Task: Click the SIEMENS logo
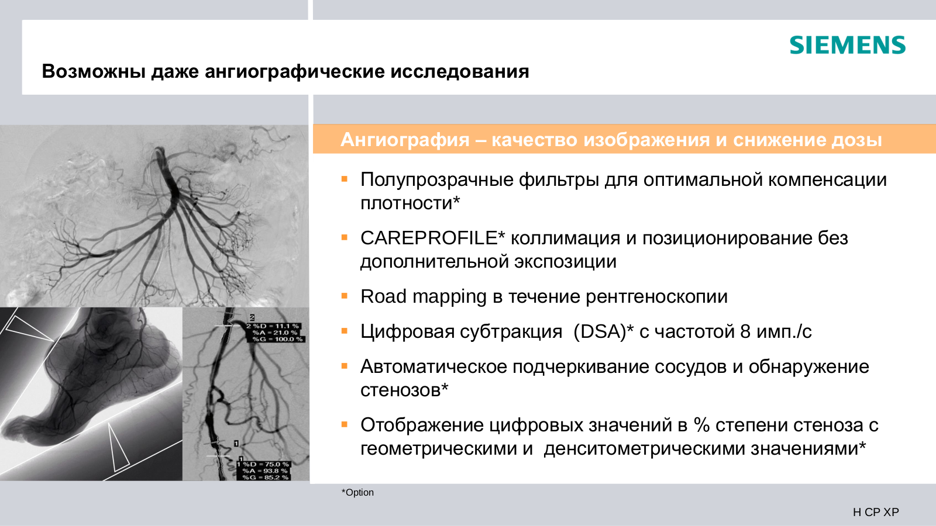[848, 45]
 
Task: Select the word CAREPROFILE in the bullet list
[429, 238]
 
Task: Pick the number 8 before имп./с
[745, 332]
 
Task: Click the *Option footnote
[357, 493]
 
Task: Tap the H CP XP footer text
[876, 512]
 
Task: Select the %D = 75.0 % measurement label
[266, 464]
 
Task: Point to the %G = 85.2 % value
[266, 477]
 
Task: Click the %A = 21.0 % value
[275, 333]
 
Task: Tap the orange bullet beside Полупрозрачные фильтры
[345, 179]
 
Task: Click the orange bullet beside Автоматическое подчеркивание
[345, 366]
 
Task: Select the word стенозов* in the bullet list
[404, 390]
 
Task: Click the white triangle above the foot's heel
[29, 328]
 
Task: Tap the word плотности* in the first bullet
[410, 203]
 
